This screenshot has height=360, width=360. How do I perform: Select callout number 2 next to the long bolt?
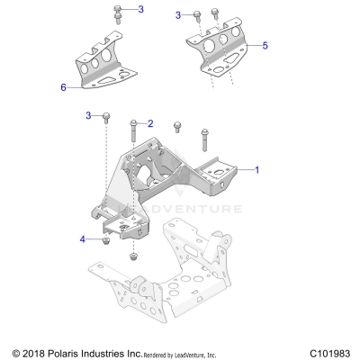pyautogui.click(x=150, y=123)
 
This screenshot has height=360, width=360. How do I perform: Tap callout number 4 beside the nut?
pyautogui.click(x=84, y=239)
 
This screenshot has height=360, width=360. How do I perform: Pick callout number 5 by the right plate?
pyautogui.click(x=265, y=43)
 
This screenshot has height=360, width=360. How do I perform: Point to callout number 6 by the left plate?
pyautogui.click(x=63, y=87)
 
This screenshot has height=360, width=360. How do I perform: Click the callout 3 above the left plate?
pyautogui.click(x=139, y=8)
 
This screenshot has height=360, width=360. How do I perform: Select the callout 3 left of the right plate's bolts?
pyautogui.click(x=178, y=14)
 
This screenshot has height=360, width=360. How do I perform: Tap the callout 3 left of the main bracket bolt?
pyautogui.click(x=88, y=115)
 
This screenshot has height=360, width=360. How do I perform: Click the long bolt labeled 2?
pyautogui.click(x=134, y=133)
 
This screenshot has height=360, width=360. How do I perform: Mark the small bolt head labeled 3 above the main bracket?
pyautogui.click(x=106, y=117)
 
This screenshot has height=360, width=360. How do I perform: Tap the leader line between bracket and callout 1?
pyautogui.click(x=240, y=168)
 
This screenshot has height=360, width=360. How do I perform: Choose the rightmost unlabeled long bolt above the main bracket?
pyautogui.click(x=202, y=136)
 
